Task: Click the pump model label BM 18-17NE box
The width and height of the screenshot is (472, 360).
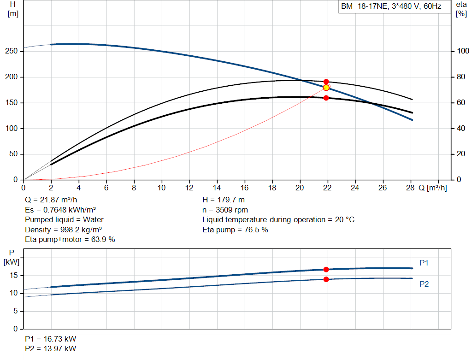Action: coord(395,6)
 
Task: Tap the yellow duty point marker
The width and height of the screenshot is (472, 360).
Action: coord(326,88)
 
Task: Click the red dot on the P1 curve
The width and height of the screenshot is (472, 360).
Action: coord(326,269)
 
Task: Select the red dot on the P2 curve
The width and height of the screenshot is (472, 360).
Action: coord(326,279)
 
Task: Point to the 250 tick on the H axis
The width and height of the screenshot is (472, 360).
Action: coord(11,51)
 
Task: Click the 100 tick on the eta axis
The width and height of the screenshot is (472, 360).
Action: coord(463,51)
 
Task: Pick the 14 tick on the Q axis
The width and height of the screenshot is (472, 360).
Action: coord(217,188)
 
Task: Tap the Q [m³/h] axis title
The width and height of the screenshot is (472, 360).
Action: coord(432,188)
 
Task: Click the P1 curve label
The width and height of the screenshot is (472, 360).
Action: coord(424,263)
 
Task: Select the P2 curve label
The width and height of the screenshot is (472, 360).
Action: coord(424,284)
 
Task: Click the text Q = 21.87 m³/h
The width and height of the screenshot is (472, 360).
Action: coord(51,200)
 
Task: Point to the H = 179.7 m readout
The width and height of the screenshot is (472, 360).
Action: coord(224,200)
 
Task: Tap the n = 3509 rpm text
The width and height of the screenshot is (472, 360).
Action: coord(225,210)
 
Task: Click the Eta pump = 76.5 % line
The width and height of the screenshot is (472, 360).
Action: coord(235,230)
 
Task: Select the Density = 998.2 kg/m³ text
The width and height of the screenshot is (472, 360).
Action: coord(63,230)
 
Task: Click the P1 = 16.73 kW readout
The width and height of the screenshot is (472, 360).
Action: coord(51,339)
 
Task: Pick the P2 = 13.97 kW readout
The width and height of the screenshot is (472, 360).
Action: coord(51,348)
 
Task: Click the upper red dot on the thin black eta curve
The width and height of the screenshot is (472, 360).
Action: coord(326,82)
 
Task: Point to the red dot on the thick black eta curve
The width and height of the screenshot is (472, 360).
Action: coord(326,98)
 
